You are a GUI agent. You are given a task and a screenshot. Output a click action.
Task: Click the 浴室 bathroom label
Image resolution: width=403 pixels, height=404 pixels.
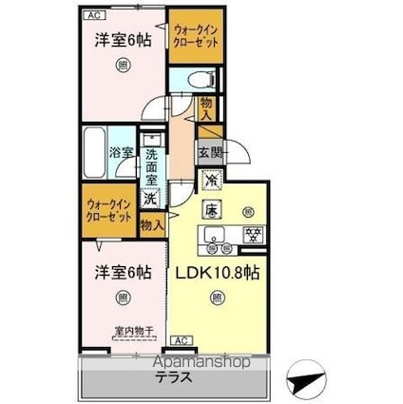point(119,152)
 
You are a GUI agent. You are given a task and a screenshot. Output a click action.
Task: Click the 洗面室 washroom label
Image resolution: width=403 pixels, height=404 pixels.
point(151,156)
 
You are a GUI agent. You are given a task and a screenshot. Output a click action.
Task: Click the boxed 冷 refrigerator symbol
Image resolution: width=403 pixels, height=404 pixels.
point(210,177)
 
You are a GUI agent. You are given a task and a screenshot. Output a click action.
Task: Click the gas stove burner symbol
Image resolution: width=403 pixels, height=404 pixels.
point(254,235)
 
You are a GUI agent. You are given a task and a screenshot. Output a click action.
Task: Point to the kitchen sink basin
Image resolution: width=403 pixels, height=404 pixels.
point(211,237)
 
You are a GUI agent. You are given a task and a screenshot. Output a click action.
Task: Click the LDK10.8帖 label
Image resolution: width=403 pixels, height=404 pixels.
point(219,272)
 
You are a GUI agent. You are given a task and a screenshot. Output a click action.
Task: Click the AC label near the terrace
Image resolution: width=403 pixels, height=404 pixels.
point(180,339)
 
